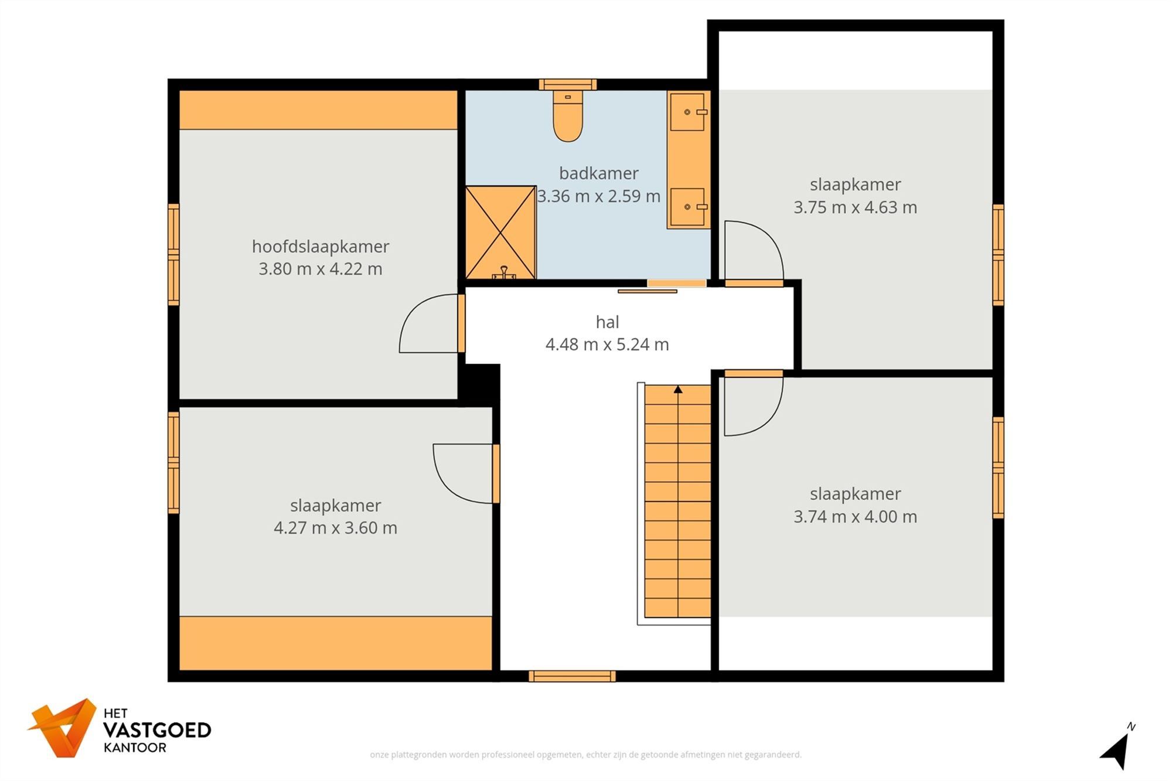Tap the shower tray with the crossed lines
click(500, 233)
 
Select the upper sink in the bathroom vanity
click(687, 112)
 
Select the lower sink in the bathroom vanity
click(687, 207)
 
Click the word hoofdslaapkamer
click(321, 247)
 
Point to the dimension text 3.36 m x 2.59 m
click(598, 196)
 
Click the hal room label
click(607, 322)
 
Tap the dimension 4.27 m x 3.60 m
click(335, 528)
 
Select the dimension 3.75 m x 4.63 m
click(855, 207)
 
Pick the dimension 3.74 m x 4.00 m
click(855, 517)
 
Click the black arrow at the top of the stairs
click(678, 390)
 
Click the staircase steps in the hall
click(677, 504)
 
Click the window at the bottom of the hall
click(572, 677)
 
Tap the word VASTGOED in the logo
click(157, 731)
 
